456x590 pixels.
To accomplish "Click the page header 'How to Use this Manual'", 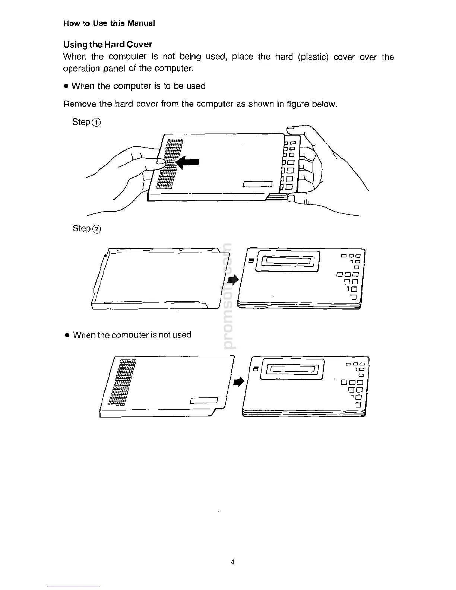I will tap(109, 23).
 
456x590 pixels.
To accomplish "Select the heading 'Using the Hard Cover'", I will tap(107, 45).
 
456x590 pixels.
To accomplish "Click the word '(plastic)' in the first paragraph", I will tap(313, 57).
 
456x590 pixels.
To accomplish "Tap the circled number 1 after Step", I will tap(96, 123).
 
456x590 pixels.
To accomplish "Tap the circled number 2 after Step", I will tap(96, 229).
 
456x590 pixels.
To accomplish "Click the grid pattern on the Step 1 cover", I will tap(169, 164).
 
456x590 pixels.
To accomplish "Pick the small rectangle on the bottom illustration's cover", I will tap(203, 401).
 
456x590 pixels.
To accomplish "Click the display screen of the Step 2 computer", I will tap(290, 261).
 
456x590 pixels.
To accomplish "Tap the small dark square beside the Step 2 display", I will tap(251, 261).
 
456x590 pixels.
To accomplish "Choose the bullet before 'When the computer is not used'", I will tap(67, 335).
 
